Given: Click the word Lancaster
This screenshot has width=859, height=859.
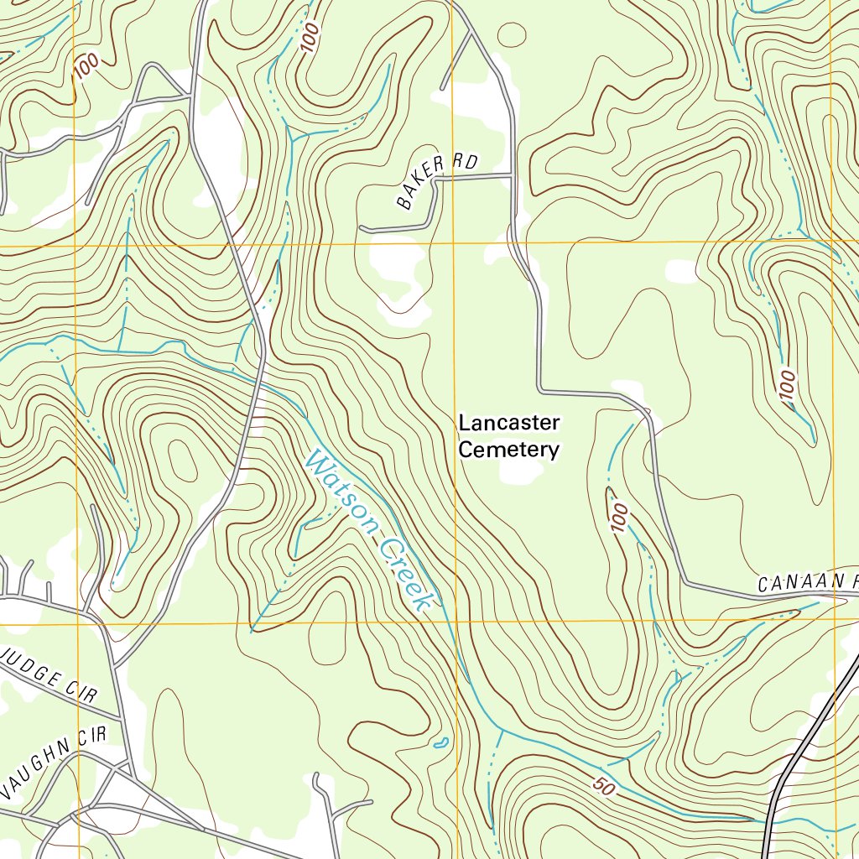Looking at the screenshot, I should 508,423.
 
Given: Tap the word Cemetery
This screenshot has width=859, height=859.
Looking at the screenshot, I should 508,450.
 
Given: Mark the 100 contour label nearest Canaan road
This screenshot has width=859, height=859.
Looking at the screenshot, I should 619,516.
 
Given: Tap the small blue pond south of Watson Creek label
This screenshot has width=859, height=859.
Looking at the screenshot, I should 439,742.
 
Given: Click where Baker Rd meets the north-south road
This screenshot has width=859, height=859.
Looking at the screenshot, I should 512,174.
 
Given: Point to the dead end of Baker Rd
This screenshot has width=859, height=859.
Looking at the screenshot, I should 361,227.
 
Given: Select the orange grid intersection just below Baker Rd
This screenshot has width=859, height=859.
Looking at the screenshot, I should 453,244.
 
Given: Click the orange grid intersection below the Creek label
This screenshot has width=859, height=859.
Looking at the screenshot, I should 456,622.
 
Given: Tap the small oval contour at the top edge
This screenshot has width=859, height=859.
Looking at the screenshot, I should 512,34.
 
